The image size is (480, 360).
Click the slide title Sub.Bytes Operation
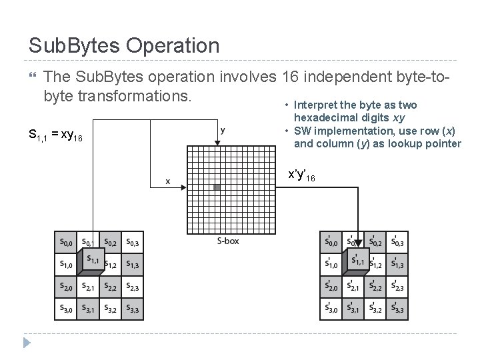[124, 45]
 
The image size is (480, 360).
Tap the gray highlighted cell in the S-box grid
[217, 187]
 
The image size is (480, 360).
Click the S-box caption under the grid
[227, 241]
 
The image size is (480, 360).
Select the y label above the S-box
[223, 130]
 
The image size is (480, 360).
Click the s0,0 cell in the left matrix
[67, 241]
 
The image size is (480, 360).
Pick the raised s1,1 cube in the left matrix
[91, 261]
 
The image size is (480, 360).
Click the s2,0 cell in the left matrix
[67, 287]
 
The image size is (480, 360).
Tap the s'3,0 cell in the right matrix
[331, 309]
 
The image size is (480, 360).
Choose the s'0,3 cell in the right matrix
[397, 241]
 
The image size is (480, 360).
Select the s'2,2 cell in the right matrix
[375, 287]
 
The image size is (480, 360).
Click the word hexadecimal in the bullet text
[321, 117]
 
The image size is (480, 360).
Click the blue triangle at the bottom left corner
[27, 343]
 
